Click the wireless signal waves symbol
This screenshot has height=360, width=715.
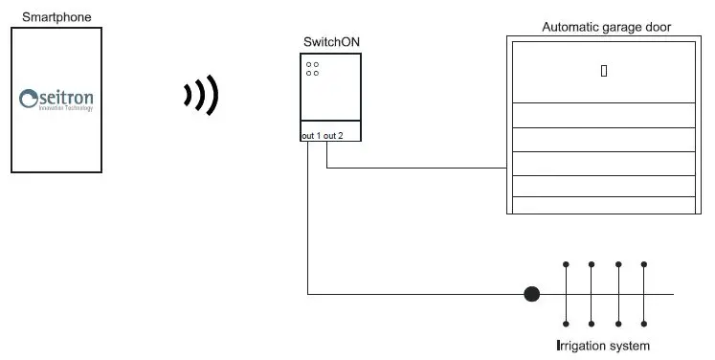[202, 95]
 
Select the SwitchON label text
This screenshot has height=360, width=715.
[331, 42]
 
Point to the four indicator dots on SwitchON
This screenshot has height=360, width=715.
[313, 69]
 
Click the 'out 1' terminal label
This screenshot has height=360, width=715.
[311, 136]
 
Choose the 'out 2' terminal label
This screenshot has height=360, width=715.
[333, 136]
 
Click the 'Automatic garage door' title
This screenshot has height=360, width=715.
[606, 27]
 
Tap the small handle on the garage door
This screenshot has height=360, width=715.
[604, 70]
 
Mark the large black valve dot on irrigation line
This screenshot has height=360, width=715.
[532, 294]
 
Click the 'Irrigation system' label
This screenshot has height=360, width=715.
[603, 345]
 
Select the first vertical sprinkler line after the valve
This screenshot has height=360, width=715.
[566, 294]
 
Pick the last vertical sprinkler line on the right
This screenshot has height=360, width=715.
[644, 294]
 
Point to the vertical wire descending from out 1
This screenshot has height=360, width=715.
[308, 220]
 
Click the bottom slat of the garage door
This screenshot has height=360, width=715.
[603, 205]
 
